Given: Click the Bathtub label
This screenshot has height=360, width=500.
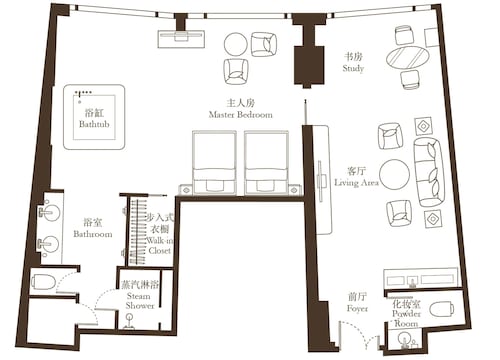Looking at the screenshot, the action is (x=94, y=124).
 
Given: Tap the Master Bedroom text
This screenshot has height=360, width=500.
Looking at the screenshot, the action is (x=240, y=115).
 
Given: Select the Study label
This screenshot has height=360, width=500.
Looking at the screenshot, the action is (x=353, y=68).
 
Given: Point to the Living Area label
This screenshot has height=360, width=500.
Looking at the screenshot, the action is (x=356, y=183).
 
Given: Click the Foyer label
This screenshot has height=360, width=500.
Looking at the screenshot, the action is (x=357, y=308).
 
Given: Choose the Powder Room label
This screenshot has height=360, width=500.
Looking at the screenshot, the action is (x=406, y=318).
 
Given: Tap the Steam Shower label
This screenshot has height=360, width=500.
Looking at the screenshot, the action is (x=140, y=301).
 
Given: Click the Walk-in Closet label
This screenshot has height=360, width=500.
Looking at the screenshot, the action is (x=160, y=245).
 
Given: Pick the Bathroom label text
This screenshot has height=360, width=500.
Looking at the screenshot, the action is (x=93, y=234).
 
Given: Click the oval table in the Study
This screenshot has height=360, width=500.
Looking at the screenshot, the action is (x=407, y=58).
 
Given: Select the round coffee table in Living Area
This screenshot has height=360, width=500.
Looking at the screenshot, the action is (x=394, y=175).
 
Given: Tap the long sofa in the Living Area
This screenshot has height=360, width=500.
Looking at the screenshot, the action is (x=429, y=171).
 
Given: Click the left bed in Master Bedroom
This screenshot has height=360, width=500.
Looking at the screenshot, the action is (x=214, y=163).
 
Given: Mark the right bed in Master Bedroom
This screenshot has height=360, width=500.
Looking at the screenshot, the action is (x=266, y=163).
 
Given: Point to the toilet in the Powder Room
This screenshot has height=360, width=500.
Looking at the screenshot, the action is (x=441, y=309).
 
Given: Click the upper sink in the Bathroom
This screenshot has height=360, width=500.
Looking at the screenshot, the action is (x=50, y=212).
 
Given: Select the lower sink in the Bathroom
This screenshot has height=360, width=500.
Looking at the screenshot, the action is (x=49, y=244).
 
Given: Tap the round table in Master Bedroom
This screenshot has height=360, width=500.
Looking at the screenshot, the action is (x=236, y=44).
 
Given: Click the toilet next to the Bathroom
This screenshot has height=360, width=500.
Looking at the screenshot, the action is (x=43, y=282).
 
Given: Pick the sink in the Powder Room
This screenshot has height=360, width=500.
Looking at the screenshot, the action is (x=406, y=340).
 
